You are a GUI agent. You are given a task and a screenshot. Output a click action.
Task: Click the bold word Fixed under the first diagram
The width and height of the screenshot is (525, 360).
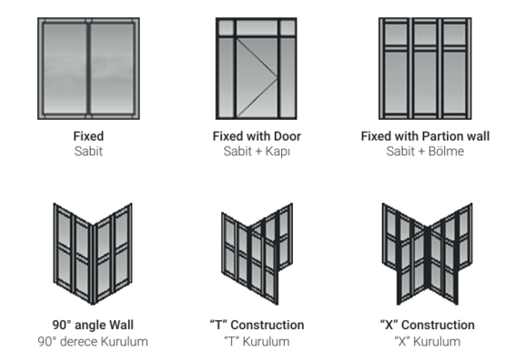click(x=88, y=136)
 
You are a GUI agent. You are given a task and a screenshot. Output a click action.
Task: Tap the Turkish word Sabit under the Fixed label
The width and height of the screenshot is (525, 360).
click(x=88, y=151)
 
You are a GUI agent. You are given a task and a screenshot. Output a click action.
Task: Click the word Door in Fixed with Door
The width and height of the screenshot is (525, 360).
click(x=288, y=136)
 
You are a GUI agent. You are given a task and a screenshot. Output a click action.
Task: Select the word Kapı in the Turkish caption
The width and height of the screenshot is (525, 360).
click(x=278, y=152)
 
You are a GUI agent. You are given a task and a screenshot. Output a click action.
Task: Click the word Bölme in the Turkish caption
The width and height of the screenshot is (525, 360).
click(x=447, y=151)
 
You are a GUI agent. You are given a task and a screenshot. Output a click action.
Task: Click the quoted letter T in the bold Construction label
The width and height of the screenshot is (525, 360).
click(x=218, y=325)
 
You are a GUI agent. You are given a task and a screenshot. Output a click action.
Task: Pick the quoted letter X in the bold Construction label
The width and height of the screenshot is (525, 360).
click(x=389, y=325)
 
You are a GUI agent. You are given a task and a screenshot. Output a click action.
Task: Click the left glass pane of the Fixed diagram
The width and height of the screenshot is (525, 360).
click(x=65, y=68)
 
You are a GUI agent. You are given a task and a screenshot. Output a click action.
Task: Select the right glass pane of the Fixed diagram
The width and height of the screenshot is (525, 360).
click(x=112, y=68)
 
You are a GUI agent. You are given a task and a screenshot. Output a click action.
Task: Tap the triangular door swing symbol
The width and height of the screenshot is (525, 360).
click(x=257, y=78)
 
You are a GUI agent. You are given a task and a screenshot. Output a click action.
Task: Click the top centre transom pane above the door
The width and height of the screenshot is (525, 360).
click(x=257, y=27)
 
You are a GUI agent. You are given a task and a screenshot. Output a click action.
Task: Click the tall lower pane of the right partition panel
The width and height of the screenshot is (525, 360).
click(x=454, y=83)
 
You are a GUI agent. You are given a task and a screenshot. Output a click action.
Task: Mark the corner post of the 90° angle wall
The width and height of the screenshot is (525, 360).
click(x=93, y=264)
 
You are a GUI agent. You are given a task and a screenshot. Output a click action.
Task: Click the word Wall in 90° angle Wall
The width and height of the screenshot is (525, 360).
click(x=122, y=325)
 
